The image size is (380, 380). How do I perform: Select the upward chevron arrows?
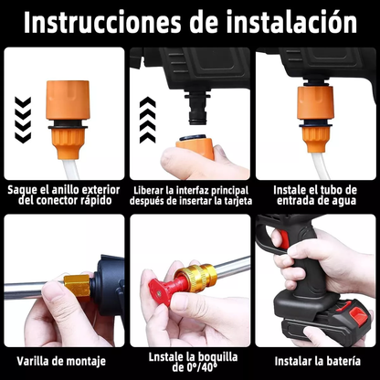150,117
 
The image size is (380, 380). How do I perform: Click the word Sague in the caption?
27,189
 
